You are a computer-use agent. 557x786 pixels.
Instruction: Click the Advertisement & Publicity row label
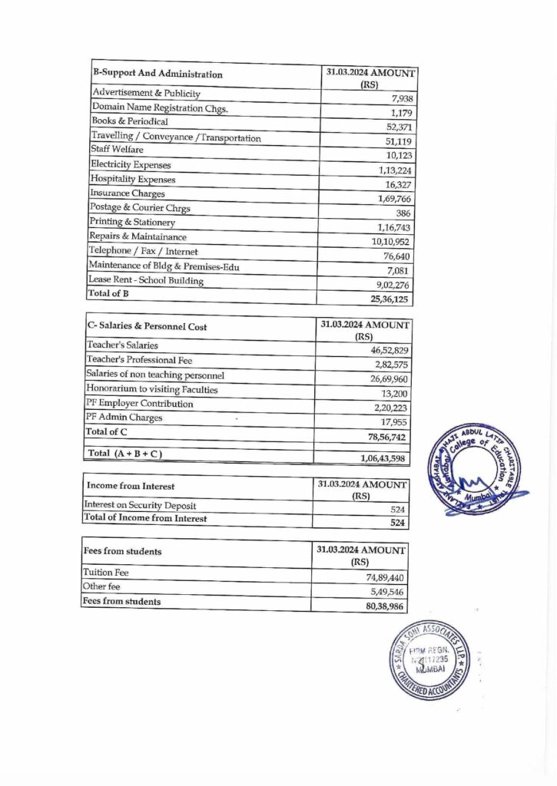point(147,93)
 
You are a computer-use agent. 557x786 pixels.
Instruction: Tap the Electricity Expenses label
point(131,164)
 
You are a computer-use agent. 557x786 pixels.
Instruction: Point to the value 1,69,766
point(395,199)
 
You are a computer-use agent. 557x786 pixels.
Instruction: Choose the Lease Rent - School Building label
point(147,280)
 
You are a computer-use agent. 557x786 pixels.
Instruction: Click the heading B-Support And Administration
point(157,74)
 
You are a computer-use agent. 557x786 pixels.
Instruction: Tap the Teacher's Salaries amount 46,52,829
point(389,349)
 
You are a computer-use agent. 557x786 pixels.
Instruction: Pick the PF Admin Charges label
point(124,418)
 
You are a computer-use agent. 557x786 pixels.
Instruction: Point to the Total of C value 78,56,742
point(389,436)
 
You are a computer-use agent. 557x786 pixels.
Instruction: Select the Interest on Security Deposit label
point(140,505)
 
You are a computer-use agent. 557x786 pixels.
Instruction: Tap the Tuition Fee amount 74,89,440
point(387,577)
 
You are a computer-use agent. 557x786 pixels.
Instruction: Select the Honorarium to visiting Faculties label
point(152,389)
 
